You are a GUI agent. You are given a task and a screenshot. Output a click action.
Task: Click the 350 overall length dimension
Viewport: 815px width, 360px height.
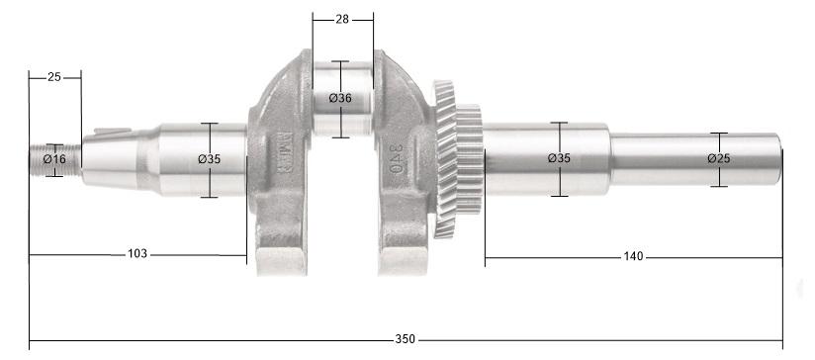tap(405, 339)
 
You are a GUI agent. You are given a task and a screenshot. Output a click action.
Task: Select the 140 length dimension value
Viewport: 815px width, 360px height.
tap(634, 256)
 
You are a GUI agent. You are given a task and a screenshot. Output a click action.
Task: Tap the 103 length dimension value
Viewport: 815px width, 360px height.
tap(137, 254)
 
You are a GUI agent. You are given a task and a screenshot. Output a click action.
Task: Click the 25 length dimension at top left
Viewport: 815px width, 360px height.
tap(54, 76)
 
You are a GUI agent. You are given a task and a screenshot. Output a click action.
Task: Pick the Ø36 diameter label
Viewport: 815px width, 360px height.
tap(340, 98)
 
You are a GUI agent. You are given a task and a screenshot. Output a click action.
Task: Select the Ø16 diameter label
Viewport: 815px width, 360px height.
tap(54, 158)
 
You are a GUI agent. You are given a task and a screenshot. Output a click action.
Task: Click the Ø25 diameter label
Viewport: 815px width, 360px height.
tap(719, 158)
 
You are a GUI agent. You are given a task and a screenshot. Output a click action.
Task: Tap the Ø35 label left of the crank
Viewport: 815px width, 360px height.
tap(209, 158)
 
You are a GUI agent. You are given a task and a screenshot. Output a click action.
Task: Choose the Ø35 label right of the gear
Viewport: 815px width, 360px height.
tap(559, 158)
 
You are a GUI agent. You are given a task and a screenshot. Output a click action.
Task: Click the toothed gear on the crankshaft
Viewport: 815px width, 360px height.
tap(457, 158)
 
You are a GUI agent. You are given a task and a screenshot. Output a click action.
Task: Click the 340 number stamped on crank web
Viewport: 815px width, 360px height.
tap(396, 158)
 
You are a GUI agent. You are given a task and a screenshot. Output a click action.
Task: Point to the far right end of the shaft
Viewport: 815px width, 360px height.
tap(780, 159)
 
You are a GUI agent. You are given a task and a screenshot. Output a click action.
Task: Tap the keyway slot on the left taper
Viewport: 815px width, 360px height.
tap(116, 129)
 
